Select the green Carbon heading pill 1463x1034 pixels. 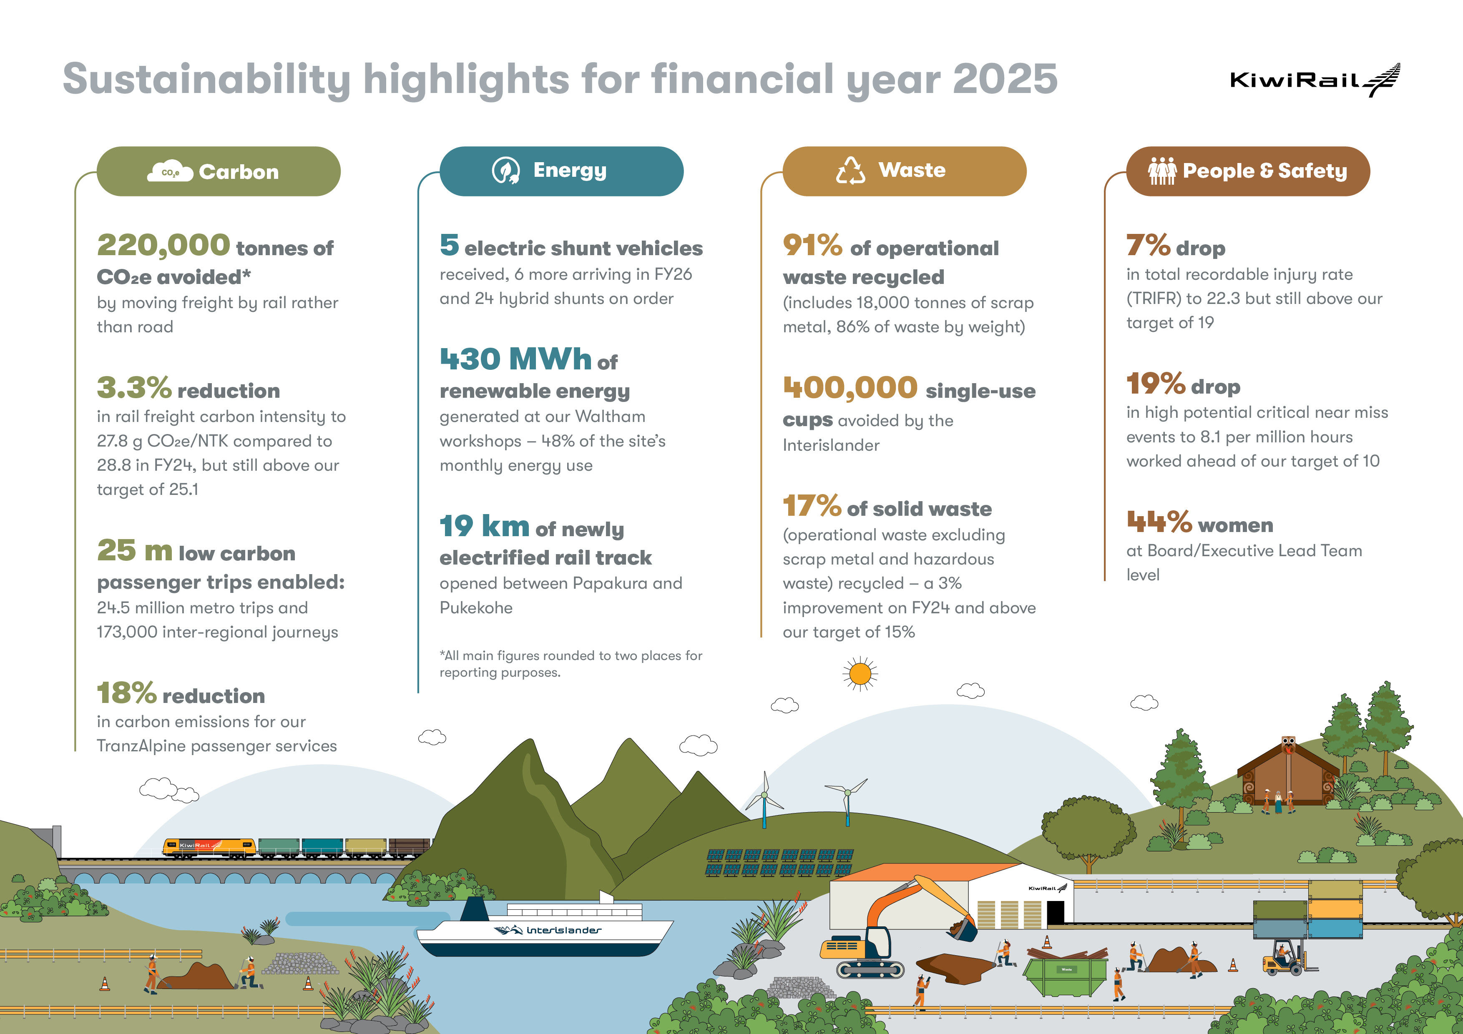tap(219, 171)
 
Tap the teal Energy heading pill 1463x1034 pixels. tap(561, 171)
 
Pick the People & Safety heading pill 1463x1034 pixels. tap(1248, 171)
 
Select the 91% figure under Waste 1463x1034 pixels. tap(812, 245)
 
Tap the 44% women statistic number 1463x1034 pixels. tap(1159, 522)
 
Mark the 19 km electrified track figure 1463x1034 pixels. tap(484, 526)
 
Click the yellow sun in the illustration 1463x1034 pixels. tap(860, 673)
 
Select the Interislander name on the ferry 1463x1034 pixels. tap(563, 930)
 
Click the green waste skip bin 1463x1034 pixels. tap(1066, 975)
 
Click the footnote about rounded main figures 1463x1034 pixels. tap(570, 664)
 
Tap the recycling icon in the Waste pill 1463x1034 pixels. tap(851, 171)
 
